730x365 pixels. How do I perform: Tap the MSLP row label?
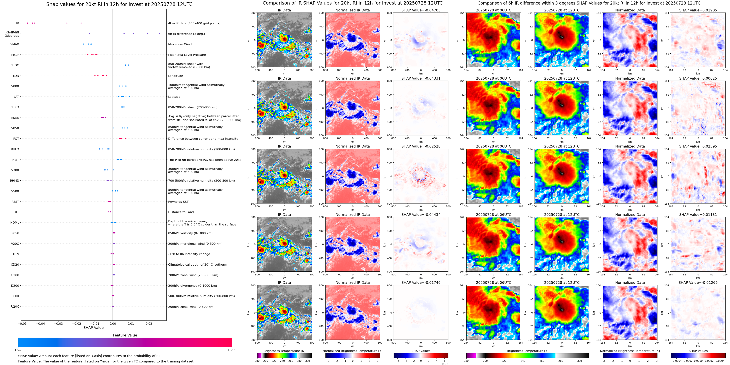click(x=15, y=55)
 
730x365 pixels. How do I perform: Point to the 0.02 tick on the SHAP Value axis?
click(x=149, y=324)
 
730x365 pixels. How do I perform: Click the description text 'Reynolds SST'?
click(x=178, y=202)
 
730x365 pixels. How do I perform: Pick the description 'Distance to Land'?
click(x=181, y=212)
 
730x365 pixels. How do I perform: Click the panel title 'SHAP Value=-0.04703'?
click(x=421, y=10)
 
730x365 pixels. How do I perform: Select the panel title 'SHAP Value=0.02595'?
click(x=698, y=146)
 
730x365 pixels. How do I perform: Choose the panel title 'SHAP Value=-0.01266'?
click(x=698, y=283)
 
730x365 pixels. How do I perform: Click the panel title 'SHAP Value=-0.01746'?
click(x=421, y=283)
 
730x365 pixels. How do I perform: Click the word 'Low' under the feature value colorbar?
click(x=18, y=350)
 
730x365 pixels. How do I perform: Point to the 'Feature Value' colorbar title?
click(x=125, y=335)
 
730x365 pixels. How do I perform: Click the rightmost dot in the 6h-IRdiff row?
click(x=160, y=34)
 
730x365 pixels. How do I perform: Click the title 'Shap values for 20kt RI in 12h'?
click(x=119, y=5)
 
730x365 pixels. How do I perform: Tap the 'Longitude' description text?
click(x=175, y=76)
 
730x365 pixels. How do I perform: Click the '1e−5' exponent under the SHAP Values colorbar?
click(x=444, y=364)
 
